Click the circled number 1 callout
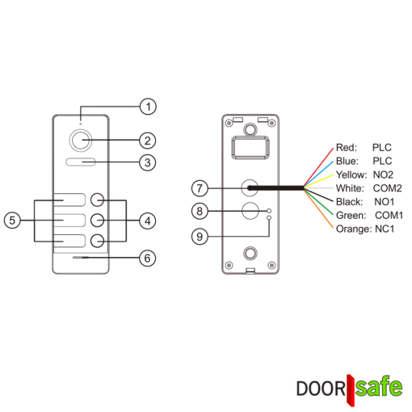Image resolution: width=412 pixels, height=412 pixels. (148, 107)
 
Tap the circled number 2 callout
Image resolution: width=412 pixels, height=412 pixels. (148, 141)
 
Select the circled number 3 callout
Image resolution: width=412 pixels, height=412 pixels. (148, 162)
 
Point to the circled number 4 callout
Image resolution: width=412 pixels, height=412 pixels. (148, 221)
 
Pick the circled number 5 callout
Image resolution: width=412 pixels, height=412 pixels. (12, 221)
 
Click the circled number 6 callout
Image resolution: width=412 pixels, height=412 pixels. (147, 258)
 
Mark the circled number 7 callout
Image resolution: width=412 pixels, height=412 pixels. (200, 188)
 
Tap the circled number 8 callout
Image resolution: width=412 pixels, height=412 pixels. (200, 211)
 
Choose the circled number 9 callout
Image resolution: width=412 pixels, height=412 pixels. (200, 237)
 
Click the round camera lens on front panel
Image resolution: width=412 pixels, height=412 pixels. (81, 140)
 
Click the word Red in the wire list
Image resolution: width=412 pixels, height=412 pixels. (347, 148)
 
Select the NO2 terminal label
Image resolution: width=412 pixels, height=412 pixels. (383, 174)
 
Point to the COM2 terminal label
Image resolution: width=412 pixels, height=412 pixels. (388, 188)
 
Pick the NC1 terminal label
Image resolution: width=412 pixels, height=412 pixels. (385, 229)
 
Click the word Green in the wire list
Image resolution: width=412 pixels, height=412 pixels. (351, 216)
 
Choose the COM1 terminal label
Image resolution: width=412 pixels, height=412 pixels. (389, 216)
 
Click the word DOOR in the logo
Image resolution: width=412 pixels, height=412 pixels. (321, 389)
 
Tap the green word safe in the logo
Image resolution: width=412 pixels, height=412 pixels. (379, 387)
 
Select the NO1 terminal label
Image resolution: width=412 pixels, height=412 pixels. (385, 202)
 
